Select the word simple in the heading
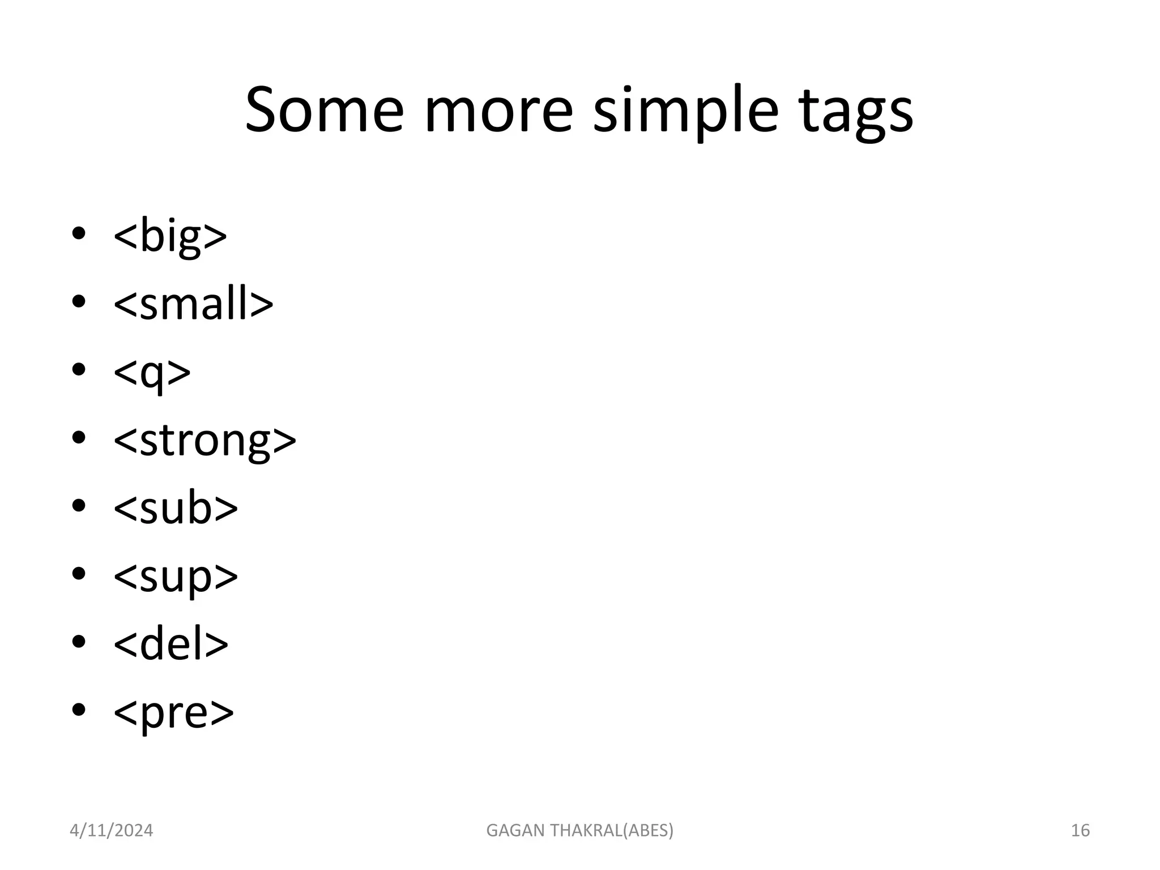pos(685,110)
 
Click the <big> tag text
pos(170,235)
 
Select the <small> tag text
pos(193,304)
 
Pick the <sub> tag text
pos(176,508)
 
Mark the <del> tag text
pos(170,644)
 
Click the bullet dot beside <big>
pos(79,233)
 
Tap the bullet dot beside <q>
pos(79,369)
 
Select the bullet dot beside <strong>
pos(79,437)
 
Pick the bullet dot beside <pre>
pos(79,709)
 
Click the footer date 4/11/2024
pos(111,830)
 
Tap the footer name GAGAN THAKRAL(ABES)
pos(580,830)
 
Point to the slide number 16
pos(1080,830)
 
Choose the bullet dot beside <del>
pos(79,641)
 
